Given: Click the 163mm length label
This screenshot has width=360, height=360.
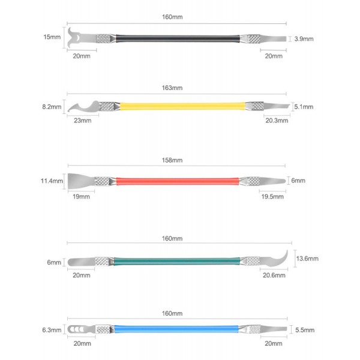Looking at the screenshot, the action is click(172, 88).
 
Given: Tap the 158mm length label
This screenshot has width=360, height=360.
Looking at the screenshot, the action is click(172, 160).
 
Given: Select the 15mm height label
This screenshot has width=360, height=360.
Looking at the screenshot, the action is click(52, 37).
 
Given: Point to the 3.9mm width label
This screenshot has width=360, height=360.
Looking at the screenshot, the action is click(304, 39).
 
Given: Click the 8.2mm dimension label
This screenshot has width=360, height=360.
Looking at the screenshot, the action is click(52, 107).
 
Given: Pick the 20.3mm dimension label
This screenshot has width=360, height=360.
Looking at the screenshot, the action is click(277, 121).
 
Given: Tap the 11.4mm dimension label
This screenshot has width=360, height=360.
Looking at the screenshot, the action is click(52, 181).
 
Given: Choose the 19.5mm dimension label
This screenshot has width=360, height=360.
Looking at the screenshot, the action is click(272, 197).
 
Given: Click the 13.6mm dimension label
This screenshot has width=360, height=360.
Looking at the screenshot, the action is click(307, 259).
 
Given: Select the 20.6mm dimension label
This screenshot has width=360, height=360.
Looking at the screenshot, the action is click(274, 275).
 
